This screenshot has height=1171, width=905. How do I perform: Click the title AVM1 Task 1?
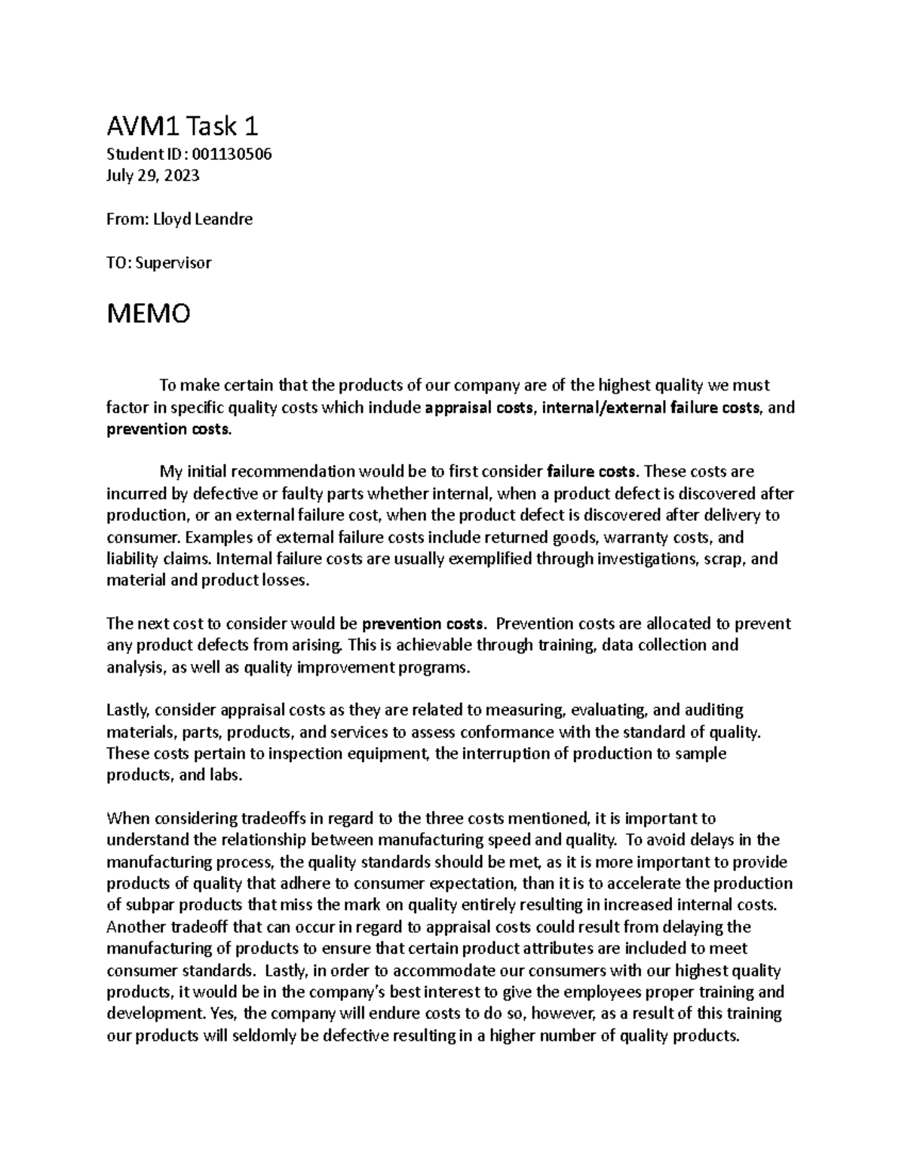pos(183,125)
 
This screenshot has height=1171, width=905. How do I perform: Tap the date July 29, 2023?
pos(153,176)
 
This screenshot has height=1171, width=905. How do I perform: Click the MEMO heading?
pos(149,313)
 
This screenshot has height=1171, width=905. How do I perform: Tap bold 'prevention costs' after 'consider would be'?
pos(423,624)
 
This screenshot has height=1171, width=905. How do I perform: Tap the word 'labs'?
pos(227,775)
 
